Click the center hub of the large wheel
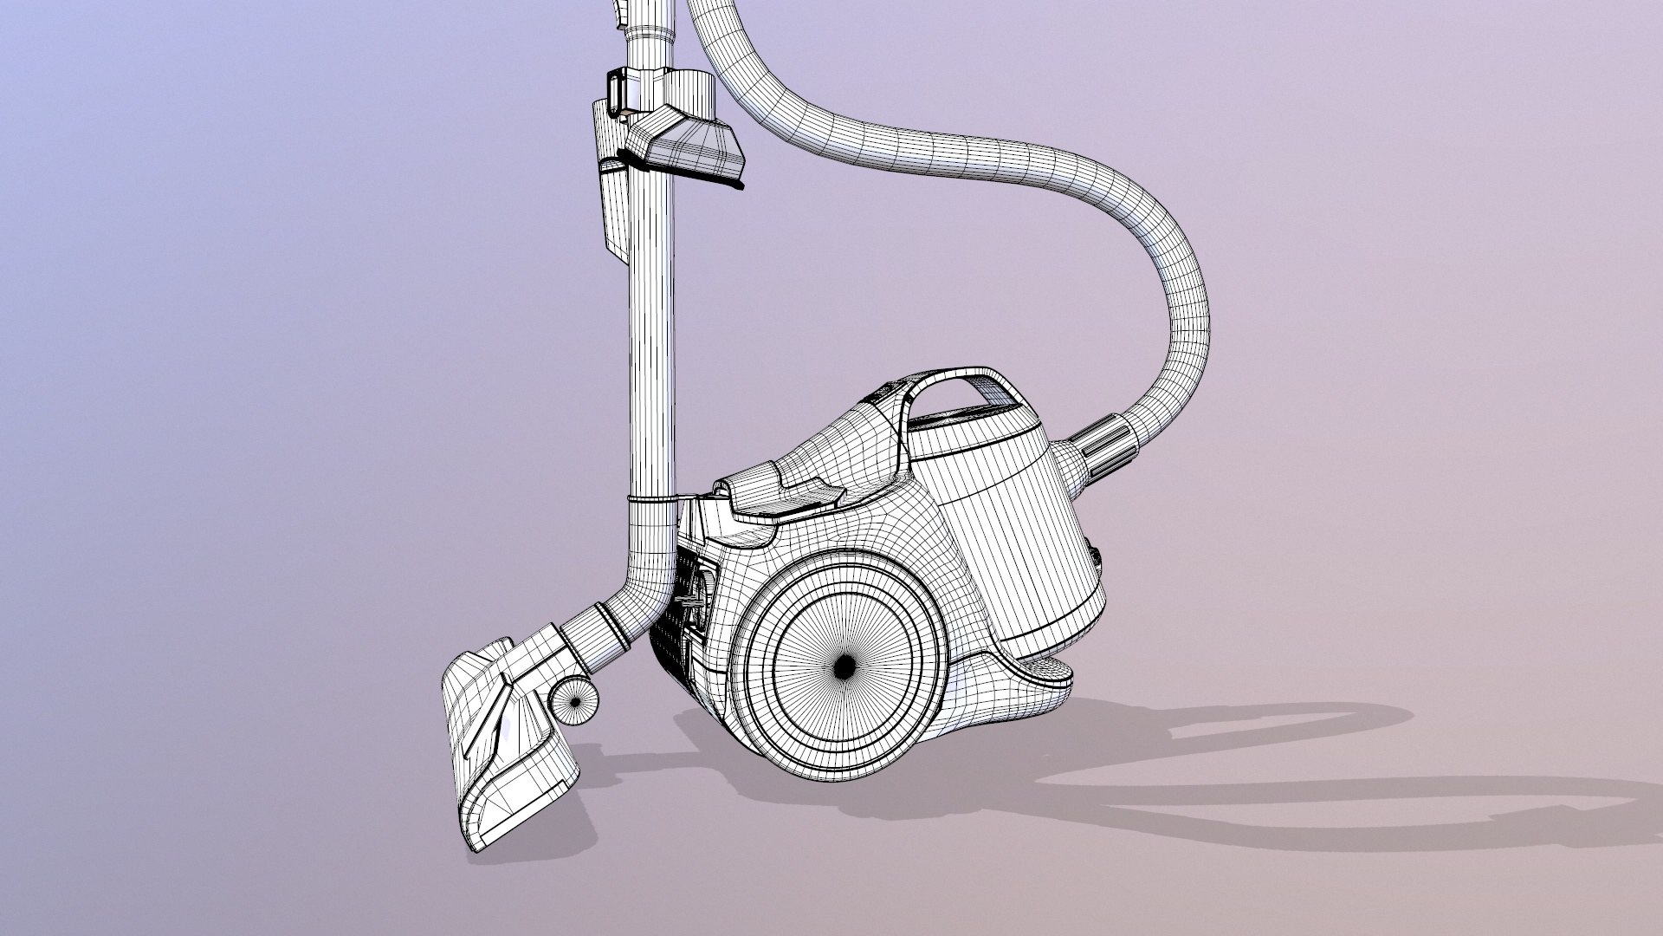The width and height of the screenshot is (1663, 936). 843,665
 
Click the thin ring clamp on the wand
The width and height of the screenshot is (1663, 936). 651,500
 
